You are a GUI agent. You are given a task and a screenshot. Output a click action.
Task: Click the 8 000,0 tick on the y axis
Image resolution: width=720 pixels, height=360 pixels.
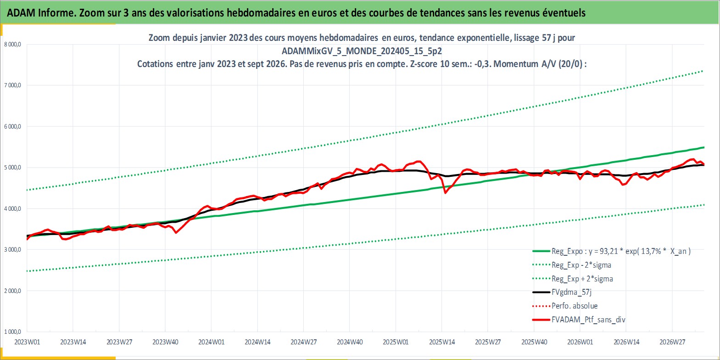click(12, 45)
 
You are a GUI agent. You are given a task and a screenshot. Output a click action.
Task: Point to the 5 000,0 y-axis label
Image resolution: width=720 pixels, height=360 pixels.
click(12, 168)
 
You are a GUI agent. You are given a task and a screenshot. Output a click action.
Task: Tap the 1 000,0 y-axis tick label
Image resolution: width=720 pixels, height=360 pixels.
click(12, 332)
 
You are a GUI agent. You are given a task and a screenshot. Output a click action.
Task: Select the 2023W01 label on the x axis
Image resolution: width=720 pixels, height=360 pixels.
click(28, 342)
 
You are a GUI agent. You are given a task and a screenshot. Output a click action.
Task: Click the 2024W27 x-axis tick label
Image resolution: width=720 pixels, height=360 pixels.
click(303, 342)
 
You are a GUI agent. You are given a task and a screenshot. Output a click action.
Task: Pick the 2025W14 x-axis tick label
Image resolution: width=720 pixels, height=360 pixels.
click(441, 342)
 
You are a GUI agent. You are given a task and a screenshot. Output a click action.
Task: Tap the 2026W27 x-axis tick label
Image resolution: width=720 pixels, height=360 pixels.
click(672, 342)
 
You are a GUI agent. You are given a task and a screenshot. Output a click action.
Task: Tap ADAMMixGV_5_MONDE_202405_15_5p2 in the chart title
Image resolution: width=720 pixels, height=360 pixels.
click(362, 51)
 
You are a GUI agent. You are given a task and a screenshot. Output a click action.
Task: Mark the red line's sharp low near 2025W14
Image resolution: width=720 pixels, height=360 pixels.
click(445, 193)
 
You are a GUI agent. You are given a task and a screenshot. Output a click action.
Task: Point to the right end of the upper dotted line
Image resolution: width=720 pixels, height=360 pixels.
click(703, 71)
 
